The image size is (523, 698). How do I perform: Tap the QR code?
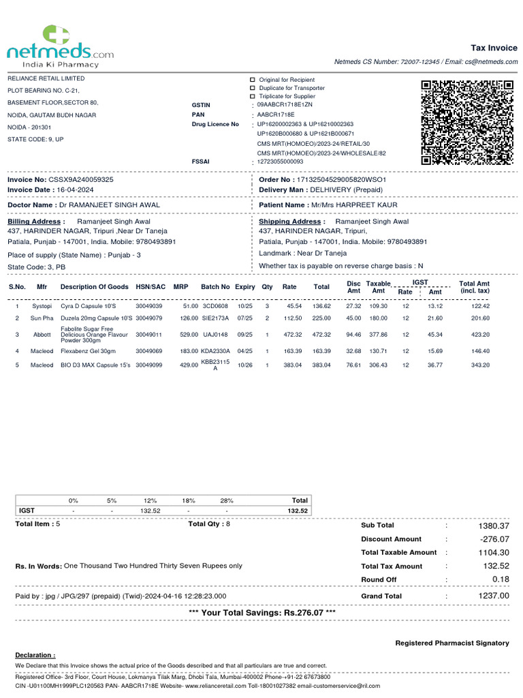pos(466,122)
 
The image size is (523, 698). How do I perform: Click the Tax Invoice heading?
pos(494,48)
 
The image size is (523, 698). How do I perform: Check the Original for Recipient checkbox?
pos(253,80)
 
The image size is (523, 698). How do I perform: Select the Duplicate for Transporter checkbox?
pos(253,88)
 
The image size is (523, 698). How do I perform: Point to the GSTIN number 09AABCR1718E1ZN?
pos(285,105)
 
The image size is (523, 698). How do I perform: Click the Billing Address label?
pos(35,222)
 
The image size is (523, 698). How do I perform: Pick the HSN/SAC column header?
pos(150,287)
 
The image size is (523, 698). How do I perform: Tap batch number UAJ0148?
pos(215,335)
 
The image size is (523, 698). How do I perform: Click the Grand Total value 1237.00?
pos(493,596)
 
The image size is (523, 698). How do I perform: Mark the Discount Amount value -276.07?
pos(494,539)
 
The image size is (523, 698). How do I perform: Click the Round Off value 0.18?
pos(500,579)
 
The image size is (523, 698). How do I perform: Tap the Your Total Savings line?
pos(261,613)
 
